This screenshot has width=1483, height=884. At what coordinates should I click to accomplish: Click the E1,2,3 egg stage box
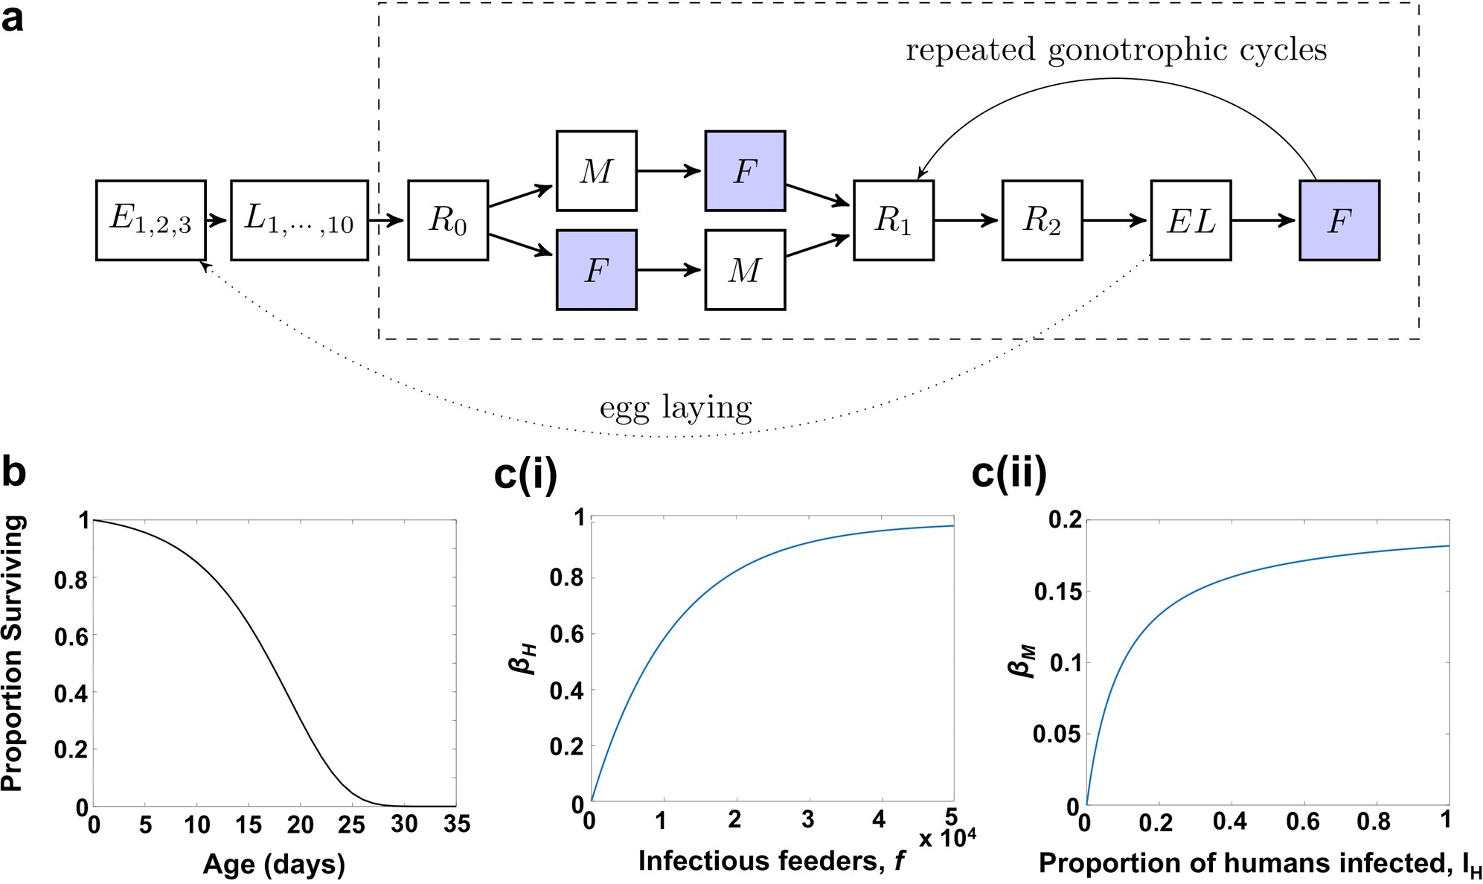[150, 220]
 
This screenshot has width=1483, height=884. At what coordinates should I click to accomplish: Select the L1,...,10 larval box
[299, 220]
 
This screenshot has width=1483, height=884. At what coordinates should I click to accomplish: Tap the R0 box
[447, 220]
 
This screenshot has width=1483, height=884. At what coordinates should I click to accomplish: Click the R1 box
[893, 220]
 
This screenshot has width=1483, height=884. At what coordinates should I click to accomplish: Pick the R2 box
[1042, 220]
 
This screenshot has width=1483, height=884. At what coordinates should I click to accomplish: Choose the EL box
[1191, 220]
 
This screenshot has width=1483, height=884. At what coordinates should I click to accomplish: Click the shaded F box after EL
[1339, 220]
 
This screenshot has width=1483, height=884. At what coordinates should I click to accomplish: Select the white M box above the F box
[596, 171]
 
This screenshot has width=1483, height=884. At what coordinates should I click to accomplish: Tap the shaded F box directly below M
[596, 269]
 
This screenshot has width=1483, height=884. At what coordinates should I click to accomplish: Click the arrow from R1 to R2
[967, 220]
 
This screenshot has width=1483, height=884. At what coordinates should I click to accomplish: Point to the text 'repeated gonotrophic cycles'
[1115, 51]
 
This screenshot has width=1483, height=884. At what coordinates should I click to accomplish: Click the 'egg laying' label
[676, 408]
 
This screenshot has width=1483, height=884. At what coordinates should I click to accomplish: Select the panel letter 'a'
[13, 18]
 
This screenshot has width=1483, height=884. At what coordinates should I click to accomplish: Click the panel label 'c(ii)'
[1009, 474]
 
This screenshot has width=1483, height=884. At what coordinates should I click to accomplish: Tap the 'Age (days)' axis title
[274, 864]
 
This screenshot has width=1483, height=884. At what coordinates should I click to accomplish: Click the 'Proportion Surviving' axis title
[13, 653]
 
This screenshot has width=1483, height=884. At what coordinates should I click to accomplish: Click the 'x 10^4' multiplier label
[947, 839]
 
